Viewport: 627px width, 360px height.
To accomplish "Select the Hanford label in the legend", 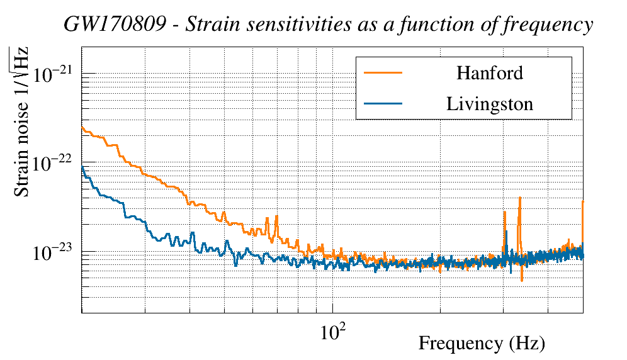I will [x=489, y=72].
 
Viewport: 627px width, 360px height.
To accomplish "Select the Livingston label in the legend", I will [x=489, y=104].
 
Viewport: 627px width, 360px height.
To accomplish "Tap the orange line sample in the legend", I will [x=383, y=72].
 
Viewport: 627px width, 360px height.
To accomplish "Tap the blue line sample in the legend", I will [x=383, y=104].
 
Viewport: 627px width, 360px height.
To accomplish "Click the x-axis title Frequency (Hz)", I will [x=482, y=343].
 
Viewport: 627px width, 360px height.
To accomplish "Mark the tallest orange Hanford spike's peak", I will [x=520, y=198].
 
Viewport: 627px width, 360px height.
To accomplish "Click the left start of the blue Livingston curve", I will [x=82, y=167].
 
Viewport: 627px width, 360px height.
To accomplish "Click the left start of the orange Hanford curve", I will [x=82, y=128].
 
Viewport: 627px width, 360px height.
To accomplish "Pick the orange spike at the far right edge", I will [x=583, y=201].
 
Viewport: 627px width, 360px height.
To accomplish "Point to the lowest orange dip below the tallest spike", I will [x=522, y=281].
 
